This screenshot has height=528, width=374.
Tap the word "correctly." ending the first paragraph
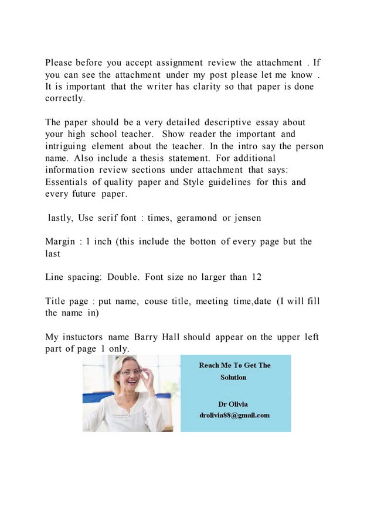click(x=65, y=98)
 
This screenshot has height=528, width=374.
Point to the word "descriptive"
click(x=228, y=122)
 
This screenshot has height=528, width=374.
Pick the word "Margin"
click(x=61, y=242)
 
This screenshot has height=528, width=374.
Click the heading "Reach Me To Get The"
click(x=234, y=365)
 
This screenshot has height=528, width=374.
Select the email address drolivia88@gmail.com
click(x=234, y=415)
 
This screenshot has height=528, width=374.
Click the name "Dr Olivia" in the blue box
click(x=233, y=404)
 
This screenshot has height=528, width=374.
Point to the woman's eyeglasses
click(x=130, y=372)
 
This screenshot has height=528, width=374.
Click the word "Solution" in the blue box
click(x=233, y=378)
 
